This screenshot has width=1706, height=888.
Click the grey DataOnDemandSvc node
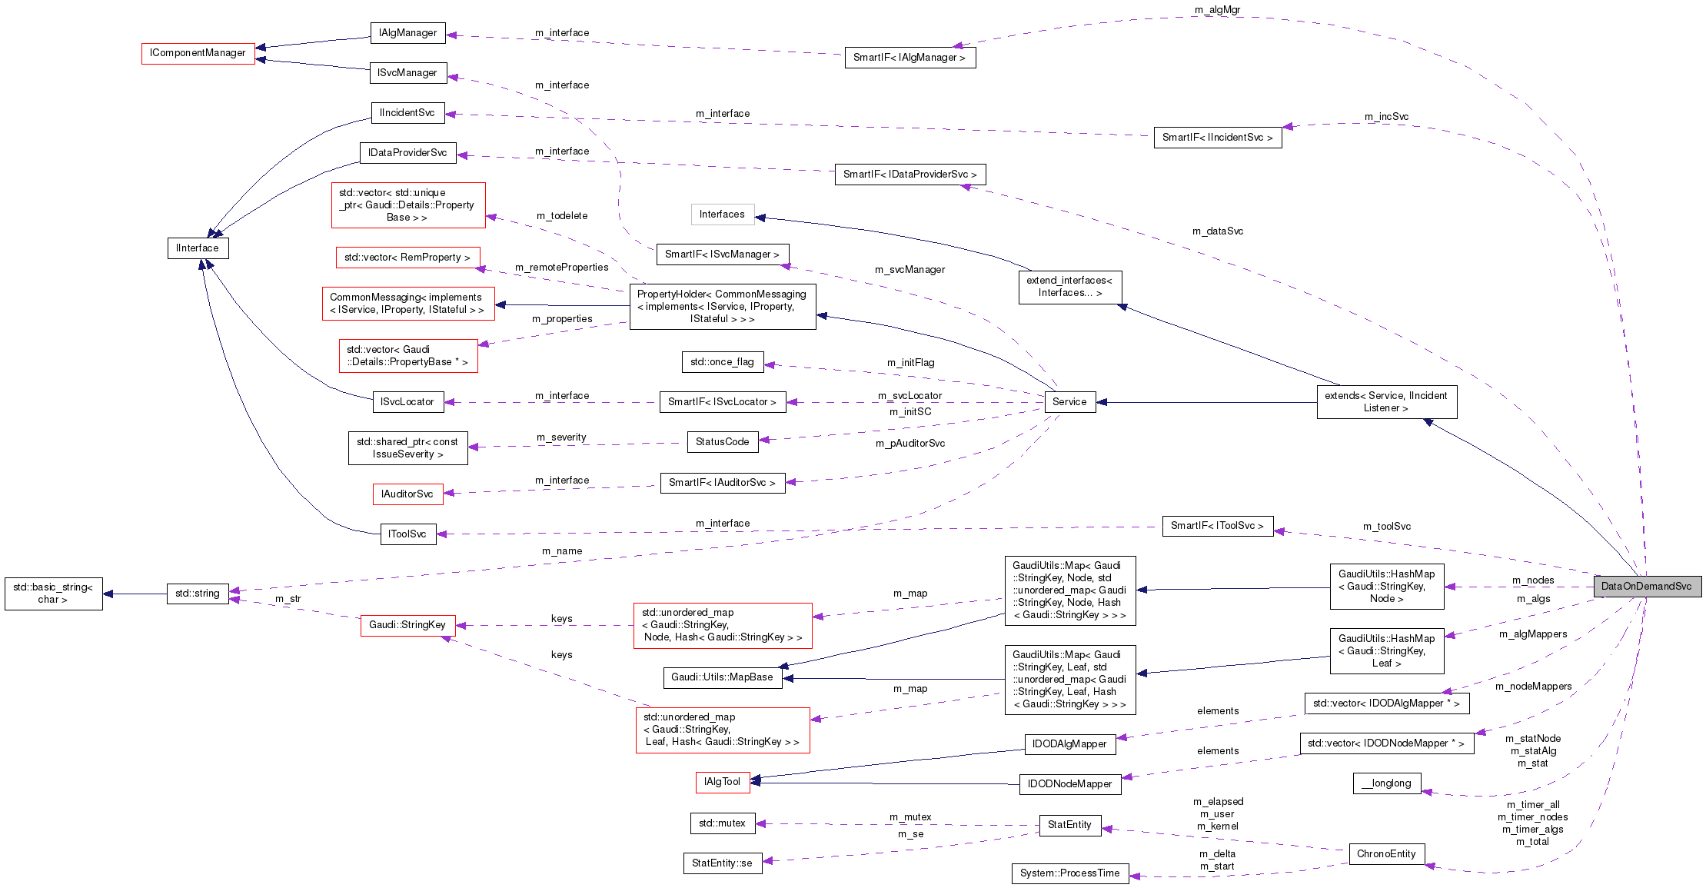[x=1647, y=587]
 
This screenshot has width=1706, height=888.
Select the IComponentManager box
[x=198, y=53]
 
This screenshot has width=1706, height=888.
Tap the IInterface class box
[x=198, y=248]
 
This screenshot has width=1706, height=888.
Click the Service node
[x=1069, y=402]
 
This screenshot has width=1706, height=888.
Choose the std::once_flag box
[x=722, y=362]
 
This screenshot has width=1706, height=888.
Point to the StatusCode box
[x=722, y=442]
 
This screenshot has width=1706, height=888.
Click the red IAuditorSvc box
[x=407, y=494]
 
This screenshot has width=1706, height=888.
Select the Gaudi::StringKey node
[x=407, y=625]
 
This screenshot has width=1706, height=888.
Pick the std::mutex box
[x=722, y=823]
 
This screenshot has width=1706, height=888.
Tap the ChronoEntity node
[x=1386, y=854]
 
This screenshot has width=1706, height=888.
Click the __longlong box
[x=1386, y=783]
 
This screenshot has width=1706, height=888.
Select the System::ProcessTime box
[x=1069, y=873]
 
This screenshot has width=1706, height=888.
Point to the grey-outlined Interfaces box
[x=722, y=215]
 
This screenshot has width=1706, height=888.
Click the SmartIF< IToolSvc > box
[x=1217, y=526]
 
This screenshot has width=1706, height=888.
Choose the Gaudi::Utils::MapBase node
[x=722, y=677]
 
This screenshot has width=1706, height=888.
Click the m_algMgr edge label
[x=1217, y=10]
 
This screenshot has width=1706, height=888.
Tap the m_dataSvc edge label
[x=1217, y=231]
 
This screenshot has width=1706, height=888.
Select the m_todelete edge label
[x=562, y=216]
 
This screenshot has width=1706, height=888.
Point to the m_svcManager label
[x=910, y=270]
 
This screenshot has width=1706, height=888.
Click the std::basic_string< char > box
[x=53, y=594]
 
